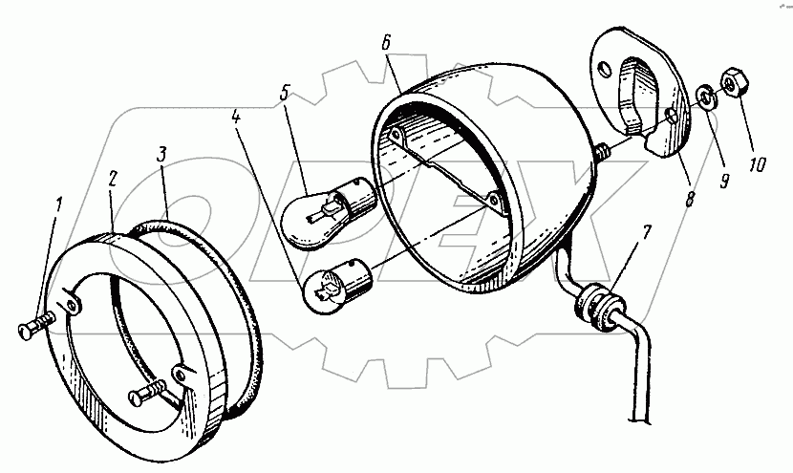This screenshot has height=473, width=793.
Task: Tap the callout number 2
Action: pyautogui.click(x=112, y=179)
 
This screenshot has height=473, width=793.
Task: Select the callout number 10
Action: pyautogui.click(x=757, y=166)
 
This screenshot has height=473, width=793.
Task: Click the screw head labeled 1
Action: pyautogui.click(x=26, y=331)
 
